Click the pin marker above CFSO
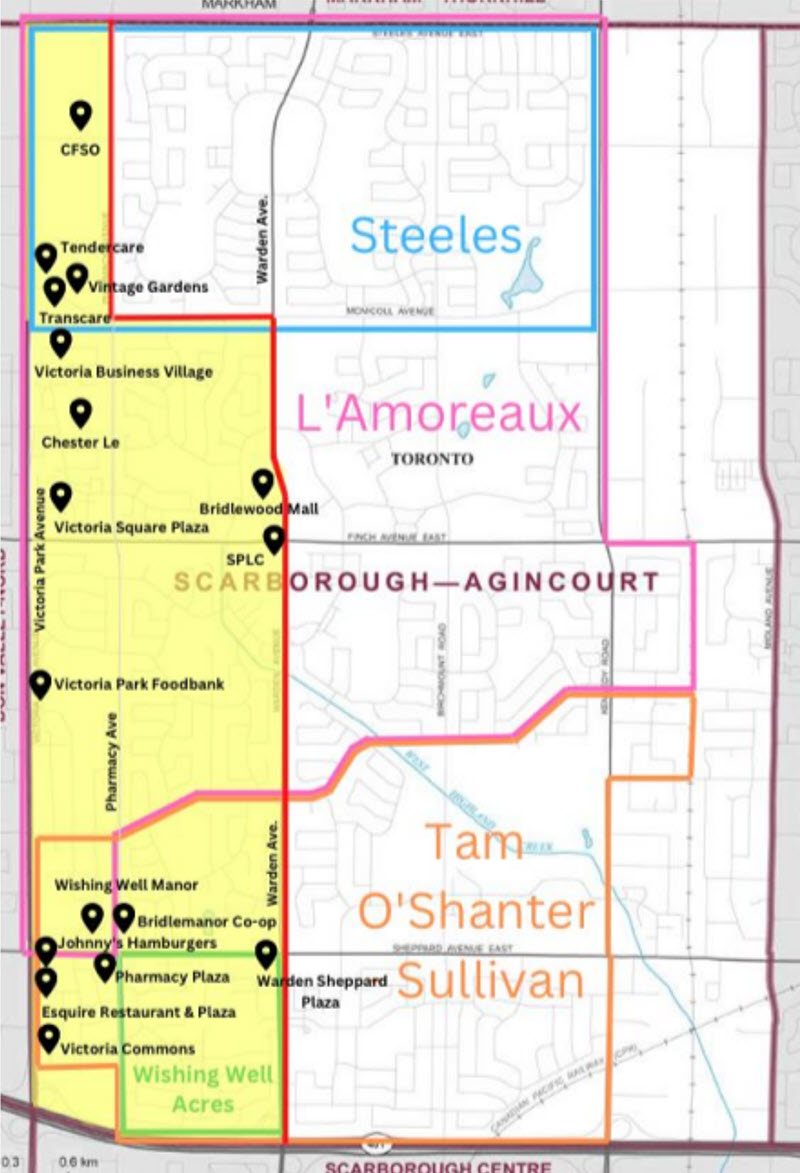[80, 115]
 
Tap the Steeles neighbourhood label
[436, 237]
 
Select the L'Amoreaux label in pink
[439, 414]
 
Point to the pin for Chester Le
[80, 412]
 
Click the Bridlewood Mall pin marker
[263, 483]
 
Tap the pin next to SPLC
[273, 540]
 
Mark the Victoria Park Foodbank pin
[40, 684]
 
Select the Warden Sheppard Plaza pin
[266, 954]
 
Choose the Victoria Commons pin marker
[48, 1038]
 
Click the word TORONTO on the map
[431, 460]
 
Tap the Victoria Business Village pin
[61, 342]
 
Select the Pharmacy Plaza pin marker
[105, 966]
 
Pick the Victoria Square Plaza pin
[61, 495]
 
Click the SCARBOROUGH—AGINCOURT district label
[417, 582]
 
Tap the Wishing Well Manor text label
[126, 885]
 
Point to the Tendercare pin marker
[46, 257]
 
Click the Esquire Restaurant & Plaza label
[139, 1012]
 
